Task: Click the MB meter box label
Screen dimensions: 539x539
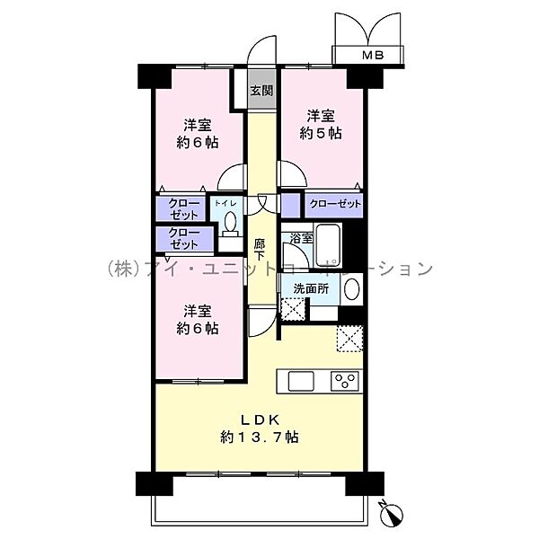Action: coord(372,56)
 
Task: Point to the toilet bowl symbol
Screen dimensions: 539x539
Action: coord(229,223)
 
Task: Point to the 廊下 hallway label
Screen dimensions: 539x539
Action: coord(260,249)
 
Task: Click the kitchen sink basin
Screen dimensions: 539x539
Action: coord(299,380)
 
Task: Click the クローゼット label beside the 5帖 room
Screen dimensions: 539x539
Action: coord(336,205)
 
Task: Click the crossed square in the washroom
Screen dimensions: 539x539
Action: coord(294,308)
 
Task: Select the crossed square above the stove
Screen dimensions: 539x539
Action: coord(349,340)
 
